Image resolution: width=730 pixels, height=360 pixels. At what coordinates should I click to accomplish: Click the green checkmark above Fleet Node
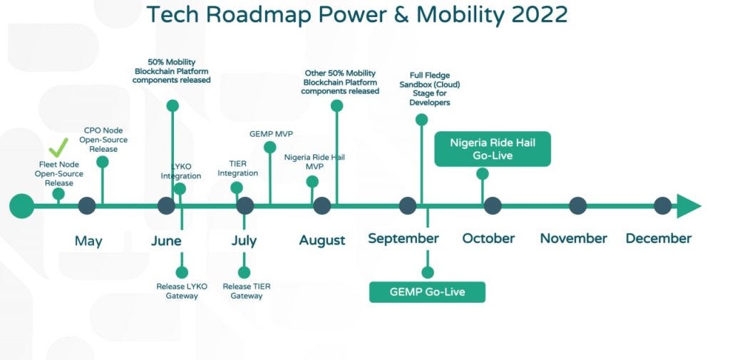click(x=58, y=149)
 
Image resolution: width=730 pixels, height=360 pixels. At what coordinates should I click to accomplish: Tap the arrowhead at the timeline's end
click(x=688, y=206)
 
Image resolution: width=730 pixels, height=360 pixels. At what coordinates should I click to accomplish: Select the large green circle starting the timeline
click(x=21, y=206)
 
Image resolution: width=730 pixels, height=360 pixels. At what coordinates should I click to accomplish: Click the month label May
click(x=88, y=241)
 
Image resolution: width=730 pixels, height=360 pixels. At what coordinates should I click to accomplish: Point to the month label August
click(x=322, y=241)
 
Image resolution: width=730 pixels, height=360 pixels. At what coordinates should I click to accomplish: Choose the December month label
click(x=658, y=239)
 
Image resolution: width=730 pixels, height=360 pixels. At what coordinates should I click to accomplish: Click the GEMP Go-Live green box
click(x=427, y=292)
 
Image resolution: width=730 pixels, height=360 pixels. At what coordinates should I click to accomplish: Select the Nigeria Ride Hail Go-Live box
click(x=493, y=148)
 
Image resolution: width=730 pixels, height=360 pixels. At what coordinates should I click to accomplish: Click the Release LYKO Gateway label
click(x=182, y=291)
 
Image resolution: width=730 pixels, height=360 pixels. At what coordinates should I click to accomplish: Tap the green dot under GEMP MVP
click(x=269, y=148)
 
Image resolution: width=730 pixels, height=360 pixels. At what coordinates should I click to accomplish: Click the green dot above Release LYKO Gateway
click(x=182, y=272)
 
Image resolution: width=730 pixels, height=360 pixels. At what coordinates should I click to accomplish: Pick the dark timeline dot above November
click(x=577, y=206)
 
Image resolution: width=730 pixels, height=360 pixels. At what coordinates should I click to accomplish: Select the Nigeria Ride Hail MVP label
click(x=314, y=162)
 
